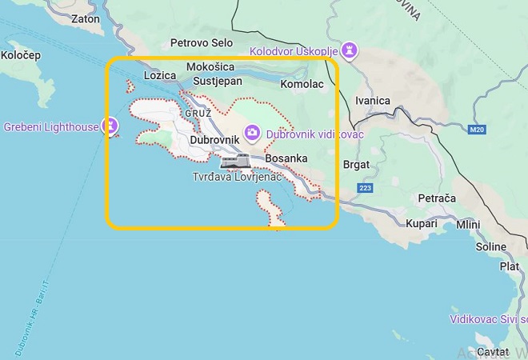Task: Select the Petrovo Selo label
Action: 200,43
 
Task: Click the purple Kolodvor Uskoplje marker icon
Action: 349,51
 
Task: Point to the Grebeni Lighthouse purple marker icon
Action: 110,126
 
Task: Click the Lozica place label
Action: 158,76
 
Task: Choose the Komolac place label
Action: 302,82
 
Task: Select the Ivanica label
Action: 373,101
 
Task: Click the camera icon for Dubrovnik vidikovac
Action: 252,132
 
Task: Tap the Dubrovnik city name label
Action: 215,141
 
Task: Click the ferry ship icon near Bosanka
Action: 235,162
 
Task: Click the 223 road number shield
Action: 365,188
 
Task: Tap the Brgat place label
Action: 356,164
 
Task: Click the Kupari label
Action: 422,223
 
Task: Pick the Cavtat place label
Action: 492,352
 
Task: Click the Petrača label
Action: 436,197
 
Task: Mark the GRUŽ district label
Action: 198,114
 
